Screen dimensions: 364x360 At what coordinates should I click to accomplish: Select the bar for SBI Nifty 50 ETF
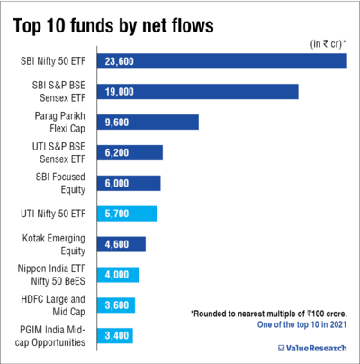[224, 61]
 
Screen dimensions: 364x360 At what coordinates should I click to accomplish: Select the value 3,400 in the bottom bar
[119, 336]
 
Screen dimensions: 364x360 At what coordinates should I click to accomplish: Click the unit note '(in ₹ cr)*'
[328, 43]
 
